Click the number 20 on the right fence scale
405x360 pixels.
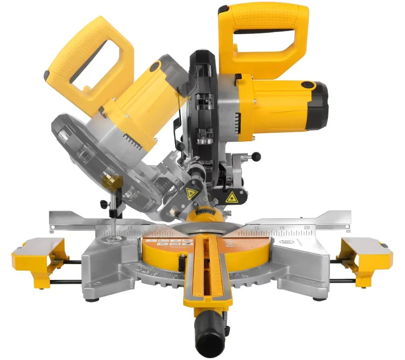(306, 228)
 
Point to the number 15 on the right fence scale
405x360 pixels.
(282, 228)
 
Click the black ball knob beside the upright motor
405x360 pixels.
(256, 156)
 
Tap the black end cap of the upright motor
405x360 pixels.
(320, 107)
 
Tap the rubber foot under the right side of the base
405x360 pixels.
(319, 298)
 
